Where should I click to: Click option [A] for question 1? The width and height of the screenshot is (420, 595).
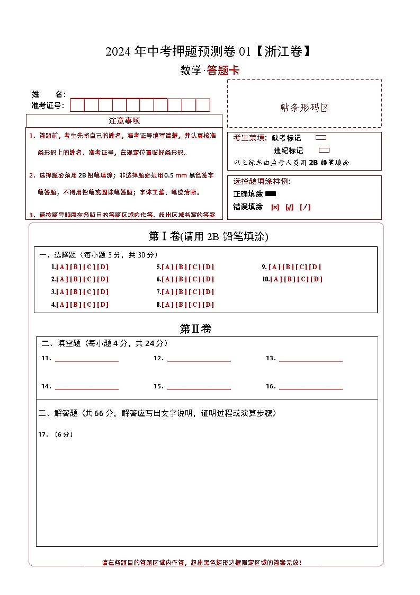pos(61,267)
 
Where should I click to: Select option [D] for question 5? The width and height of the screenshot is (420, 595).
pos(209,267)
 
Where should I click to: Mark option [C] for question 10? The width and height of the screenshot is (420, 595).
pos(302,279)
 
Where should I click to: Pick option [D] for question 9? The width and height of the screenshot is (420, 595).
pos(316,267)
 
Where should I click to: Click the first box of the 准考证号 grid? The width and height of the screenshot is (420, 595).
pos(77,105)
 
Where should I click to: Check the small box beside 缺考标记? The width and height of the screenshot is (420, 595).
pos(321,138)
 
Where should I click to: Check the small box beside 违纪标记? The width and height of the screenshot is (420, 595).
pos(324,150)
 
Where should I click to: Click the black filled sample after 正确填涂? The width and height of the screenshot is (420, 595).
pos(271,194)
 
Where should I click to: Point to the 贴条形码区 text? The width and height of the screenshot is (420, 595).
pos(305,108)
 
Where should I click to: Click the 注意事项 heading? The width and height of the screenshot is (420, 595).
pos(124,121)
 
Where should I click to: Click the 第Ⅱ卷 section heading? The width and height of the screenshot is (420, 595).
pos(195,329)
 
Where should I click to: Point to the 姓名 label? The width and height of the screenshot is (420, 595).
pos(49,94)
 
